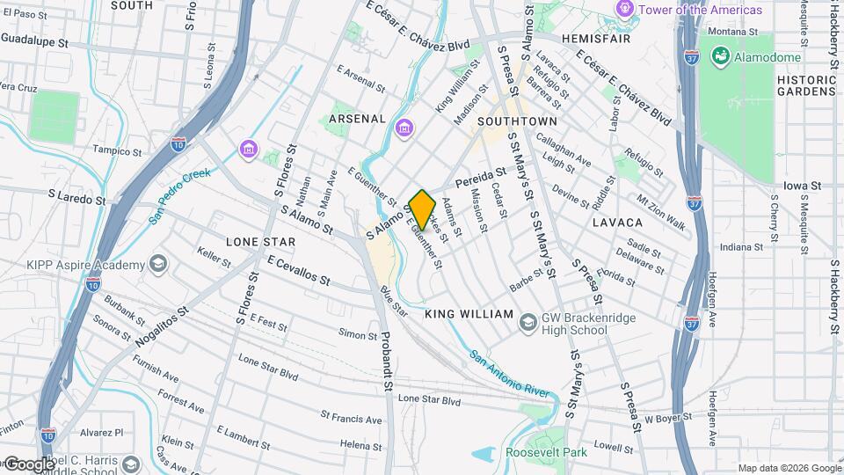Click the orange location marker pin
423,209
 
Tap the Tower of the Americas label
700,10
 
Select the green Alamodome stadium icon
721,57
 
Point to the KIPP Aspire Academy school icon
158,265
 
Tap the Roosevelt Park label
544,453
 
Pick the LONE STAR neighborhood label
260,241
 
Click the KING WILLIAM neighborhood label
469,313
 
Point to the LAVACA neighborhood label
617,223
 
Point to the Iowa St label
803,186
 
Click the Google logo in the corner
28,464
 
